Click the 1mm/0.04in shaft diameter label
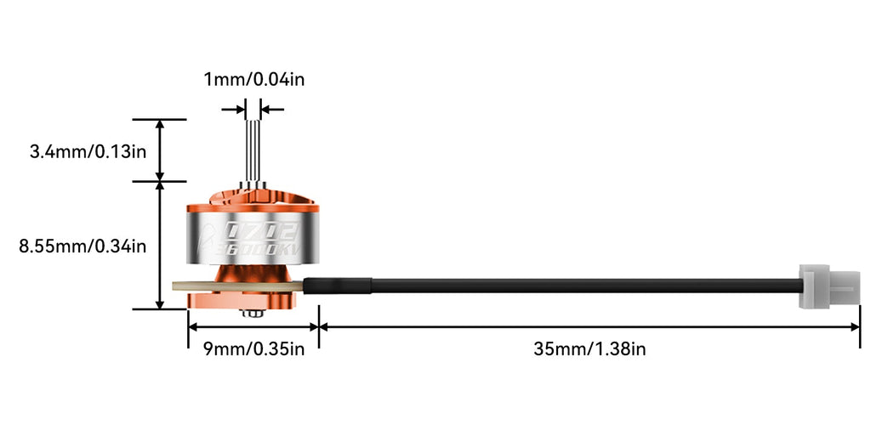253,80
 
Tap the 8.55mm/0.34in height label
83,246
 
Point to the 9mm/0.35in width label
253,348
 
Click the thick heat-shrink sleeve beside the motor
338,286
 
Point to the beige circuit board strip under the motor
196,286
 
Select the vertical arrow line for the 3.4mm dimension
159,150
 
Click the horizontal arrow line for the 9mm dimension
253,326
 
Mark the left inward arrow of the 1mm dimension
233,109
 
